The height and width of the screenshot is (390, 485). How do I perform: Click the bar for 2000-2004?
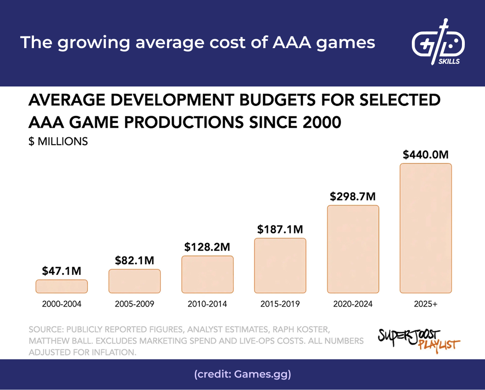61,286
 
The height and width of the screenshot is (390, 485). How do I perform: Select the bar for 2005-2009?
134,281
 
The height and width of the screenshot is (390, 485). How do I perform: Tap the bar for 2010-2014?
207,274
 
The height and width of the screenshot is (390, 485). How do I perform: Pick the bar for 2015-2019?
280,265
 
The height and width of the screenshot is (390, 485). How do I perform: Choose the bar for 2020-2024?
353,249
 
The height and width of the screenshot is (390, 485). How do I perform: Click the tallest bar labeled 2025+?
426,228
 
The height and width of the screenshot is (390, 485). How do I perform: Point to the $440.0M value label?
426,155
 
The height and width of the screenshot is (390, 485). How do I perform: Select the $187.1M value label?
280,230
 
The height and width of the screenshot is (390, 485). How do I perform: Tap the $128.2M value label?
207,247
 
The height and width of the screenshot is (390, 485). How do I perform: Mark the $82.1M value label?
134,261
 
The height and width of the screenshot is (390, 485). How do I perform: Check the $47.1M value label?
61,271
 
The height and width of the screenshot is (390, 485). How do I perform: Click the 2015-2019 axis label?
280,304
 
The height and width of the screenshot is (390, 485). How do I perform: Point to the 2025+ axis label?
426,304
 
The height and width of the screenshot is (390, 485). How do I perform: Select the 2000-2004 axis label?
61,304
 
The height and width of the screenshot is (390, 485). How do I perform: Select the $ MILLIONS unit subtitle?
58,142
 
